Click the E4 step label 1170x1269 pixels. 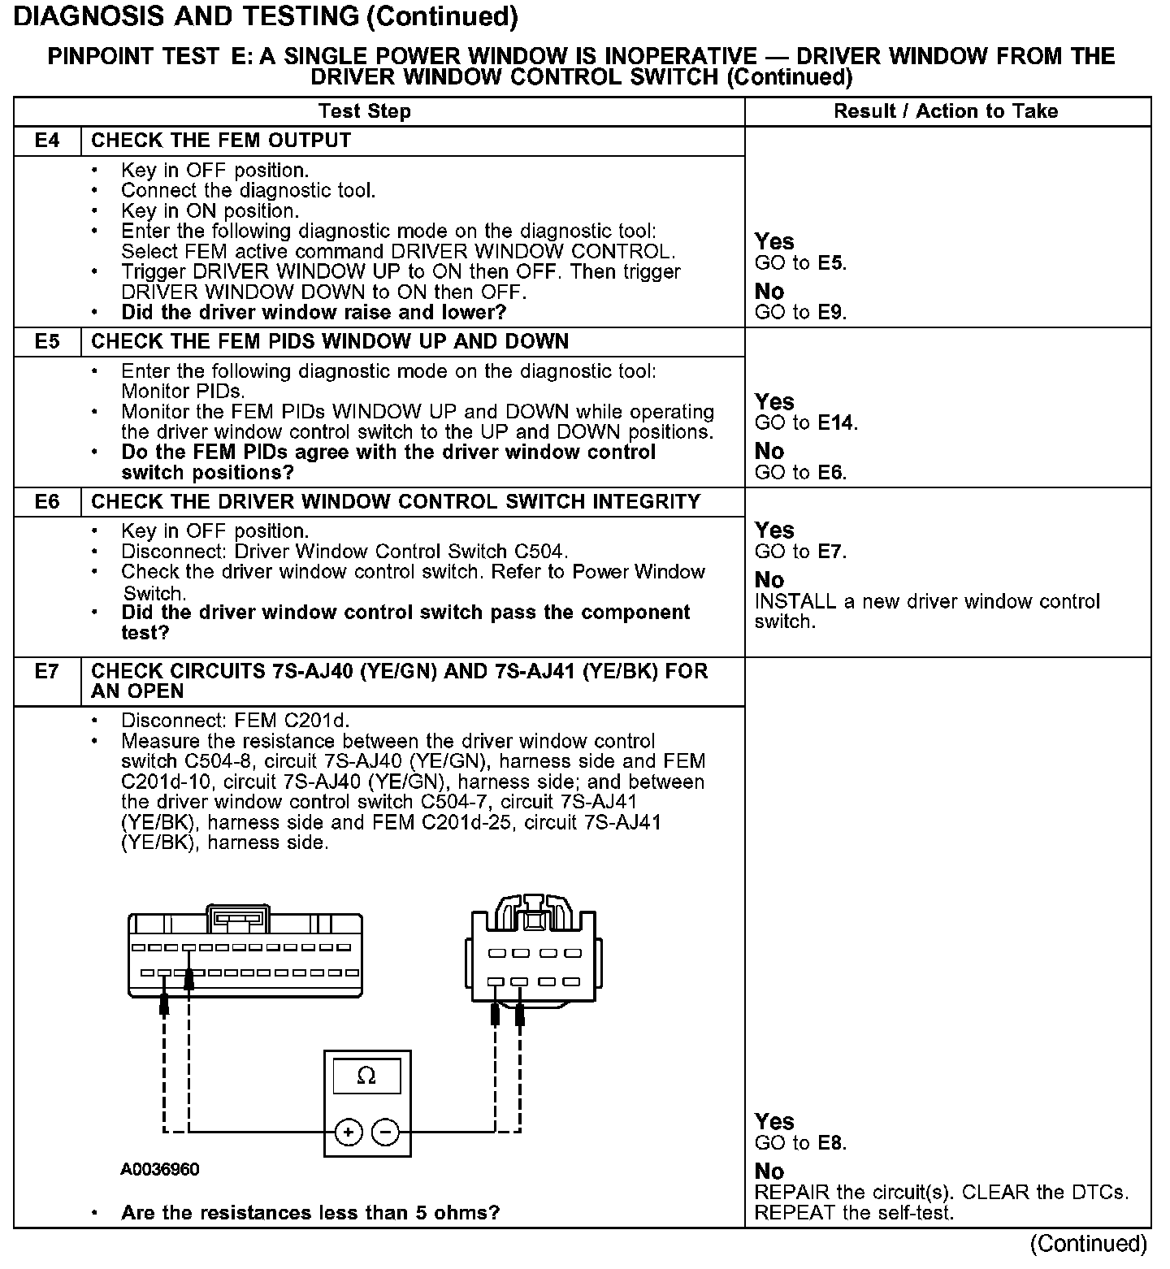click(47, 141)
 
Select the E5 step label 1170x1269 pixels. click(47, 341)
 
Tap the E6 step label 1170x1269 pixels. click(47, 501)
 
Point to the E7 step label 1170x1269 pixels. click(47, 672)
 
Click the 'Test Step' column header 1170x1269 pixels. click(365, 111)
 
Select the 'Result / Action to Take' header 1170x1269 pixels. click(946, 111)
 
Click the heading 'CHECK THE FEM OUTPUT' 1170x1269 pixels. click(221, 141)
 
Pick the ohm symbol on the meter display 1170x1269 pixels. click(366, 1076)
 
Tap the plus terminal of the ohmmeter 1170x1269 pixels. click(349, 1132)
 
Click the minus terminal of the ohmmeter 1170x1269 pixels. click(386, 1132)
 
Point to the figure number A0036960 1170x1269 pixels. click(160, 1169)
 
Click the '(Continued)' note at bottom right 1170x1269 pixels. click(1088, 1244)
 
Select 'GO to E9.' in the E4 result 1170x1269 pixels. click(800, 312)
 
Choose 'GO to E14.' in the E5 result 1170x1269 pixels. click(806, 422)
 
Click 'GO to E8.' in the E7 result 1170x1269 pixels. click(800, 1143)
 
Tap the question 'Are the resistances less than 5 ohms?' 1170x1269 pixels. click(310, 1213)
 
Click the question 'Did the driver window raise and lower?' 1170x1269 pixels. click(314, 312)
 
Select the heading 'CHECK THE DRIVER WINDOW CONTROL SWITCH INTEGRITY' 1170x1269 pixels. click(396, 501)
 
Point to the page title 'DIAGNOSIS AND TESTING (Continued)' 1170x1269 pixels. click(266, 16)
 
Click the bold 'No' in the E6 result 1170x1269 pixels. click(769, 580)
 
